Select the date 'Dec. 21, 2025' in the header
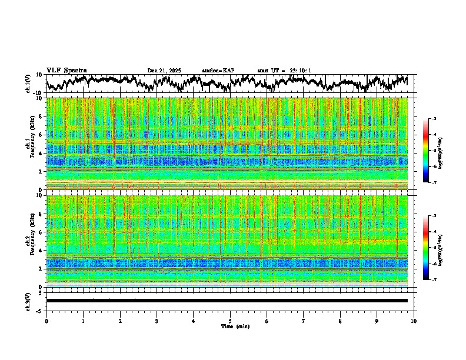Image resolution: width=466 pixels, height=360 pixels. (164, 71)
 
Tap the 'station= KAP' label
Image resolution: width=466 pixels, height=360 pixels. (218, 71)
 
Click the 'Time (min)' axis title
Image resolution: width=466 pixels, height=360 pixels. (230, 326)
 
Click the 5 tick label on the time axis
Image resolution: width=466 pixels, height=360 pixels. (230, 321)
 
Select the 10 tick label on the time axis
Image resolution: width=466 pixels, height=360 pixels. (414, 321)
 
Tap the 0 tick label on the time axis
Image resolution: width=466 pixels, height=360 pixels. (46, 321)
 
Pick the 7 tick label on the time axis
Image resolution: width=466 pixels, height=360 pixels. (304, 321)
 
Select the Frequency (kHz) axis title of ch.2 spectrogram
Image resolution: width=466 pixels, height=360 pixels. (31, 240)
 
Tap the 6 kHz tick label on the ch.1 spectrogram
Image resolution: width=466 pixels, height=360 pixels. (41, 135)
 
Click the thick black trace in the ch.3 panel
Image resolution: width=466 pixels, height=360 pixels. (227, 301)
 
